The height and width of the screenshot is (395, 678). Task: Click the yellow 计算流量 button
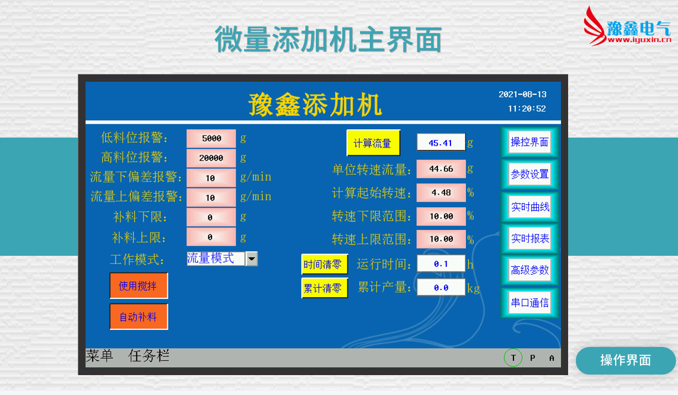373,143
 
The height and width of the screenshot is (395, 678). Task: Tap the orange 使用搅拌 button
139,286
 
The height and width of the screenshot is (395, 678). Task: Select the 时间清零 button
325,264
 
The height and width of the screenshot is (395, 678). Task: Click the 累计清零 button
325,288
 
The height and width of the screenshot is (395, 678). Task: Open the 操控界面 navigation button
529,142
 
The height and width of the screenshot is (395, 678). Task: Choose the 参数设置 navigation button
529,174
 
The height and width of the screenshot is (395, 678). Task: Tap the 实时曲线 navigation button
529,207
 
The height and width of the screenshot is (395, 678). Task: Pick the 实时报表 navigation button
529,239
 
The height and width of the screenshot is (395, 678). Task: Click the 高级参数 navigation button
529,270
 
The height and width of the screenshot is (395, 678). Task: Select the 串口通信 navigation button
529,302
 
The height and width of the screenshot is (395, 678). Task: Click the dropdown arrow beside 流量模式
252,259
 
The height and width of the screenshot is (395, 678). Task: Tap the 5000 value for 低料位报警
211,139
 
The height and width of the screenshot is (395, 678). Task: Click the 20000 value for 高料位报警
211,158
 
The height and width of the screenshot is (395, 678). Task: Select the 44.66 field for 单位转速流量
441,168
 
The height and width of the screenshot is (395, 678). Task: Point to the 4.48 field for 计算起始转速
441,192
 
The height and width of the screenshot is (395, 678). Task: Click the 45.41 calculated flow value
441,143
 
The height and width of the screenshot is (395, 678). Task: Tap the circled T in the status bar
513,358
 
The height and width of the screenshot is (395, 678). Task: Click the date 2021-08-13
522,94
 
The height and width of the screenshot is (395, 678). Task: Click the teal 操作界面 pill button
626,360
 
